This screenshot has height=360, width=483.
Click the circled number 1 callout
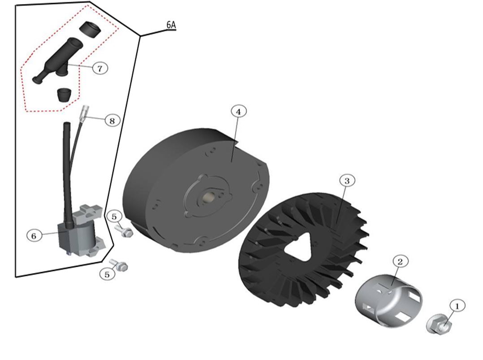pos(457,306)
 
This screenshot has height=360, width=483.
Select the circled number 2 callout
pos(400,262)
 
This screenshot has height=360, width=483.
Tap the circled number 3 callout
pos(347,181)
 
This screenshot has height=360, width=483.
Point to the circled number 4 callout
pos(238,112)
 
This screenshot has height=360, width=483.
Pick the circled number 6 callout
pos(34,236)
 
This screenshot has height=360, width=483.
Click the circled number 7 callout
pos(100,68)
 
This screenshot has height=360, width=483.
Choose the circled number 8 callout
pos(112,121)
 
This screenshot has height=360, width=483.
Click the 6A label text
pos(171,25)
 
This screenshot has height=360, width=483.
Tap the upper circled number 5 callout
pos(114,217)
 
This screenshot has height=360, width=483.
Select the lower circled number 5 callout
pos(107,274)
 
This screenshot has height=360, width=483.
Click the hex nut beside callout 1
pos(439,324)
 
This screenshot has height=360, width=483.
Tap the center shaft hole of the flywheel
pos(208,197)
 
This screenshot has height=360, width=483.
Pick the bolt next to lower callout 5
pos(119,265)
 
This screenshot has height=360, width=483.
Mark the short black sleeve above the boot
pos(90,30)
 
